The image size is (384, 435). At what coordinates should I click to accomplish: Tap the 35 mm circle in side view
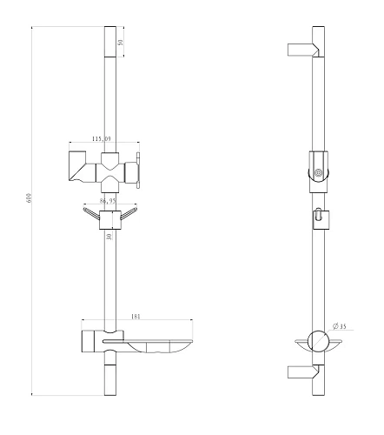(319, 341)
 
